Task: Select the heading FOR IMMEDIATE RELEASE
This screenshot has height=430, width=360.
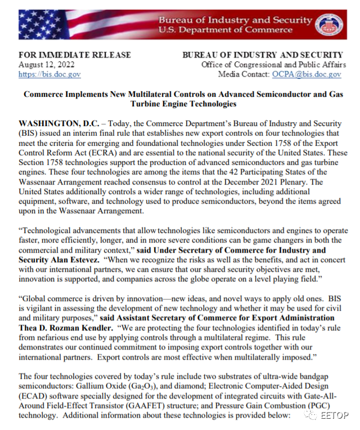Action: [x=75, y=55]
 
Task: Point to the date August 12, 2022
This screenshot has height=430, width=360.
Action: [x=47, y=65]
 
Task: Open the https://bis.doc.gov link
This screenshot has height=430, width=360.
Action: [x=49, y=74]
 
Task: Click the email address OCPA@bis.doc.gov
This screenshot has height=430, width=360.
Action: [x=307, y=74]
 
